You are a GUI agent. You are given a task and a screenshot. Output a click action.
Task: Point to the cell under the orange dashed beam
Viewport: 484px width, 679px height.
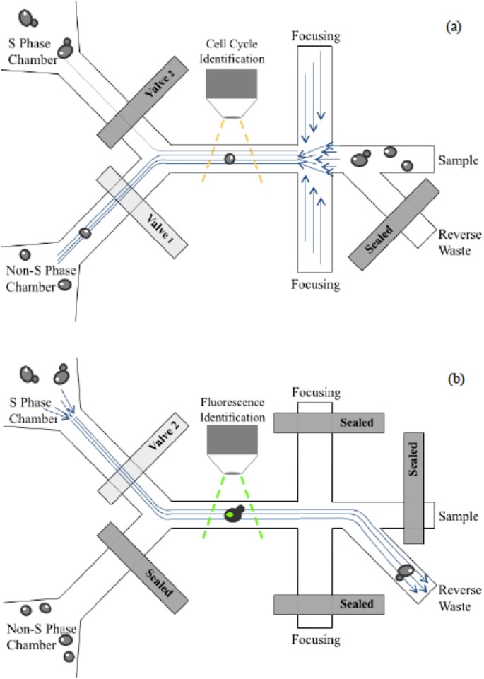point(229,158)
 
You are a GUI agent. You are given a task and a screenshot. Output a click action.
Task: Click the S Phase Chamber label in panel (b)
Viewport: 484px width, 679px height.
point(30,410)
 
